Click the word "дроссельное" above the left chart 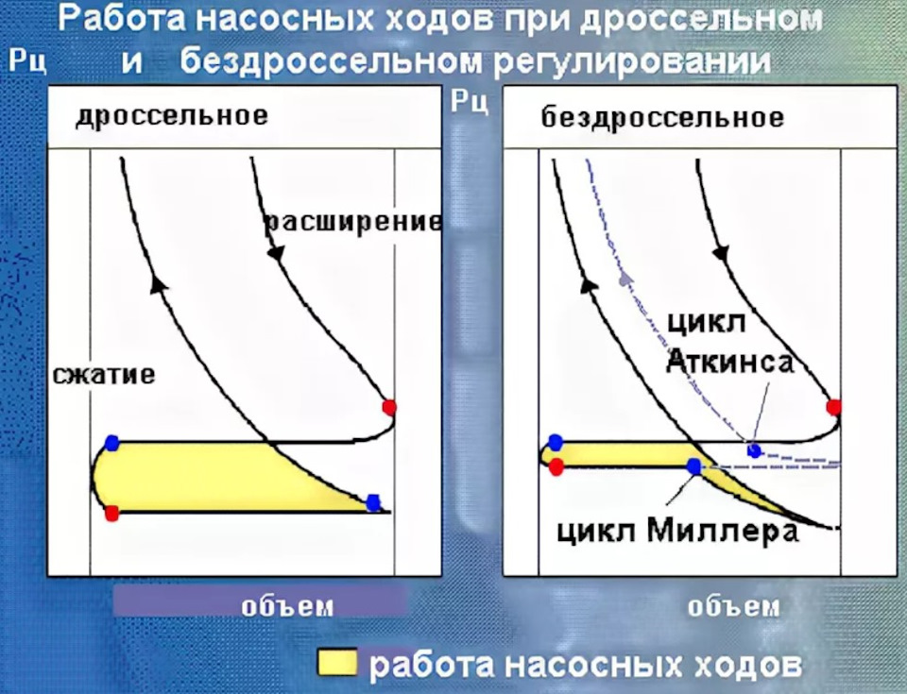coord(172,116)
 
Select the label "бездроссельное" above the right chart coord(662,118)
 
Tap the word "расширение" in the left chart coord(352,222)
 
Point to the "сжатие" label coord(104,375)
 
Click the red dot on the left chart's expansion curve coord(388,407)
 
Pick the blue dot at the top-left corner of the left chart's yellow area coord(113,441)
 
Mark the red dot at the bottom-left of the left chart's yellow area coord(112,514)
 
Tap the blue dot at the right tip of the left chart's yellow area coord(374,502)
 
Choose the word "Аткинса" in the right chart coord(729,362)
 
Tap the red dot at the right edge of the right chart coord(833,407)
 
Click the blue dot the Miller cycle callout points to coord(694,465)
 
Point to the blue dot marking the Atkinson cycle coord(753,449)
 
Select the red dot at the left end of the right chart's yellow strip coord(556,465)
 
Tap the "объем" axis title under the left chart coord(287,604)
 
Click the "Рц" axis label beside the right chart coord(470,100)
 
